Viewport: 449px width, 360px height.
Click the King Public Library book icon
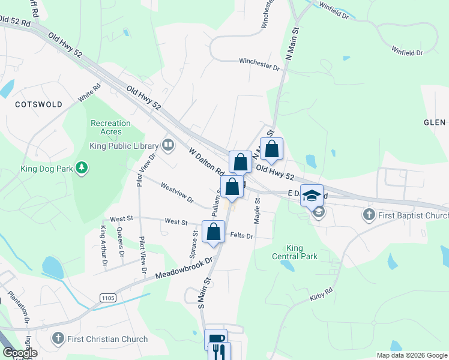click(x=168, y=145)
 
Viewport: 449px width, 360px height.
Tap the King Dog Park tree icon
click(x=82, y=169)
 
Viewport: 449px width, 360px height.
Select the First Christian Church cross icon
click(x=58, y=339)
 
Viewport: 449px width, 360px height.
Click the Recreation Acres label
click(x=110, y=127)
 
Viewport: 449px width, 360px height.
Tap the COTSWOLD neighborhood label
click(x=38, y=104)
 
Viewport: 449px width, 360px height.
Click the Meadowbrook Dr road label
click(x=184, y=268)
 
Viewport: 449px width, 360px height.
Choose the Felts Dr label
click(x=242, y=236)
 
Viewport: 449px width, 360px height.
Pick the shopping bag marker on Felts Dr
click(x=214, y=232)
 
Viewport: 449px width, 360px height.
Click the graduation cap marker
click(x=312, y=194)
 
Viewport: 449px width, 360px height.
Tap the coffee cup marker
click(x=215, y=339)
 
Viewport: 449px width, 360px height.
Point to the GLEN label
click(x=435, y=122)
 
